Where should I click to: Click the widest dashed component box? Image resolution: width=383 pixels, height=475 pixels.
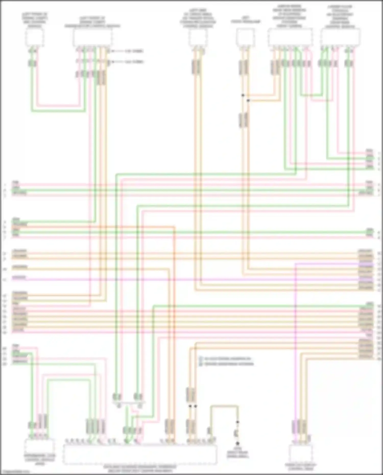tap(140, 455)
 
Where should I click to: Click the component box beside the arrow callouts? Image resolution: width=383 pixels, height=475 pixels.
tap(93, 37)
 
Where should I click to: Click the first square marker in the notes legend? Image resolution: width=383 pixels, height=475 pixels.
tap(201, 359)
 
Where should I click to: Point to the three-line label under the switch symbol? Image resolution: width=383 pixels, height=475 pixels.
tap(237, 454)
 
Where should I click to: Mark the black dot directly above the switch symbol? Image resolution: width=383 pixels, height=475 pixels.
tap(237, 422)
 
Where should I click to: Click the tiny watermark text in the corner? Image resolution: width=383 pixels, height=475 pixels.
tap(15, 472)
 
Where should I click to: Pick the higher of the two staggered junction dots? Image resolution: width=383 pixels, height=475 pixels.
tap(243, 95)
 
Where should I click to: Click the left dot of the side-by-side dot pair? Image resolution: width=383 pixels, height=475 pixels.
tap(190, 406)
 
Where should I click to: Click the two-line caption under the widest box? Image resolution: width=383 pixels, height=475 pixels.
tap(140, 469)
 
